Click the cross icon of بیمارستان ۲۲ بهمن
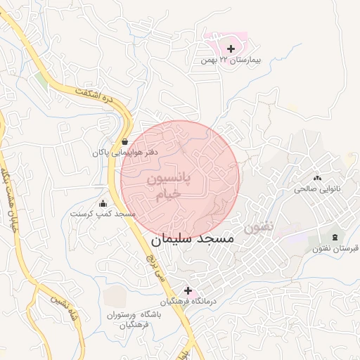click(x=232, y=49)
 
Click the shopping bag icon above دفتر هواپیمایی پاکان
click(x=125, y=141)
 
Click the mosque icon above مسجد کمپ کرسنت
click(x=103, y=203)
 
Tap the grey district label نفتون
click(x=259, y=228)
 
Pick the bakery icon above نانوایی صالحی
click(x=317, y=179)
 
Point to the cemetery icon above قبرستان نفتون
click(x=334, y=237)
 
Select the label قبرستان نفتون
click(x=334, y=248)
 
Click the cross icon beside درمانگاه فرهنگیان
click(x=188, y=290)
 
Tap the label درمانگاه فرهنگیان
click(x=188, y=302)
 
